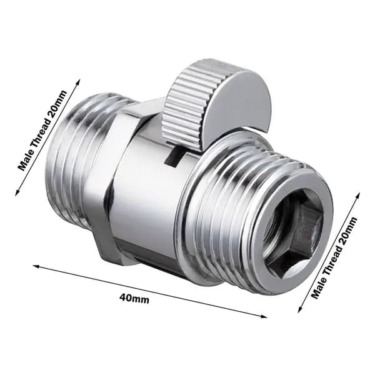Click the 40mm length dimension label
tap(134, 298)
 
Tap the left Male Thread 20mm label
tap(43, 130)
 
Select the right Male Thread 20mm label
tap(334, 257)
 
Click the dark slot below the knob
tap(174, 157)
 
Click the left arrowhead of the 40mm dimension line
tap(36, 266)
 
